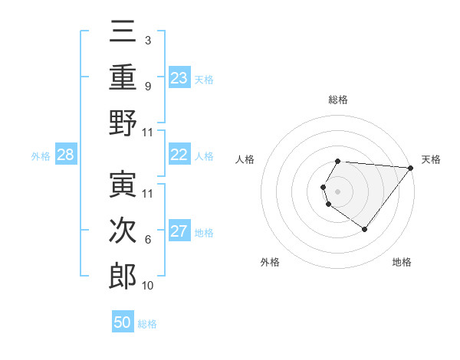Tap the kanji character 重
pyautogui.click(x=123, y=77)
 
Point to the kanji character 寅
pyautogui.click(x=123, y=184)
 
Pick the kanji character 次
pyautogui.click(x=123, y=230)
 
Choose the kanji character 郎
pyautogui.click(x=123, y=276)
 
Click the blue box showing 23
pyautogui.click(x=179, y=77)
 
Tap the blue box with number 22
pyautogui.click(x=179, y=155)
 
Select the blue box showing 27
pyautogui.click(x=179, y=231)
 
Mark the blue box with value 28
pyautogui.click(x=66, y=155)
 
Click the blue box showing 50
pyautogui.click(x=123, y=322)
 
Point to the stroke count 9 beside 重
pyautogui.click(x=148, y=87)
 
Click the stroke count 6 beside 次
pyautogui.click(x=148, y=240)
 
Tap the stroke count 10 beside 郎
pyautogui.click(x=148, y=286)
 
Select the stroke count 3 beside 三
pyautogui.click(x=148, y=41)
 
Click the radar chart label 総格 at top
pyautogui.click(x=338, y=100)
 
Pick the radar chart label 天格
pyautogui.click(x=431, y=159)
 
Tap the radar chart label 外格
pyautogui.click(x=269, y=262)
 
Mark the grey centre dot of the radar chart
pyautogui.click(x=338, y=191)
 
